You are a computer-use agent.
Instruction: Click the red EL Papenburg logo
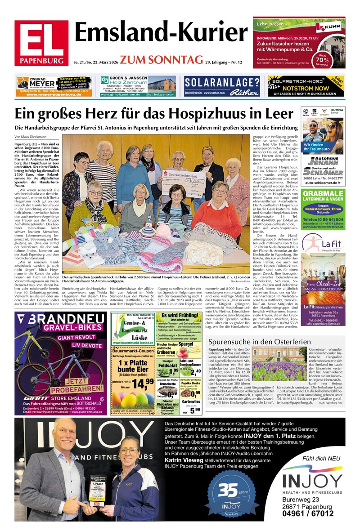pos(41,43)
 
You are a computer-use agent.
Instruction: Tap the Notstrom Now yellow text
pos(306,88)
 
